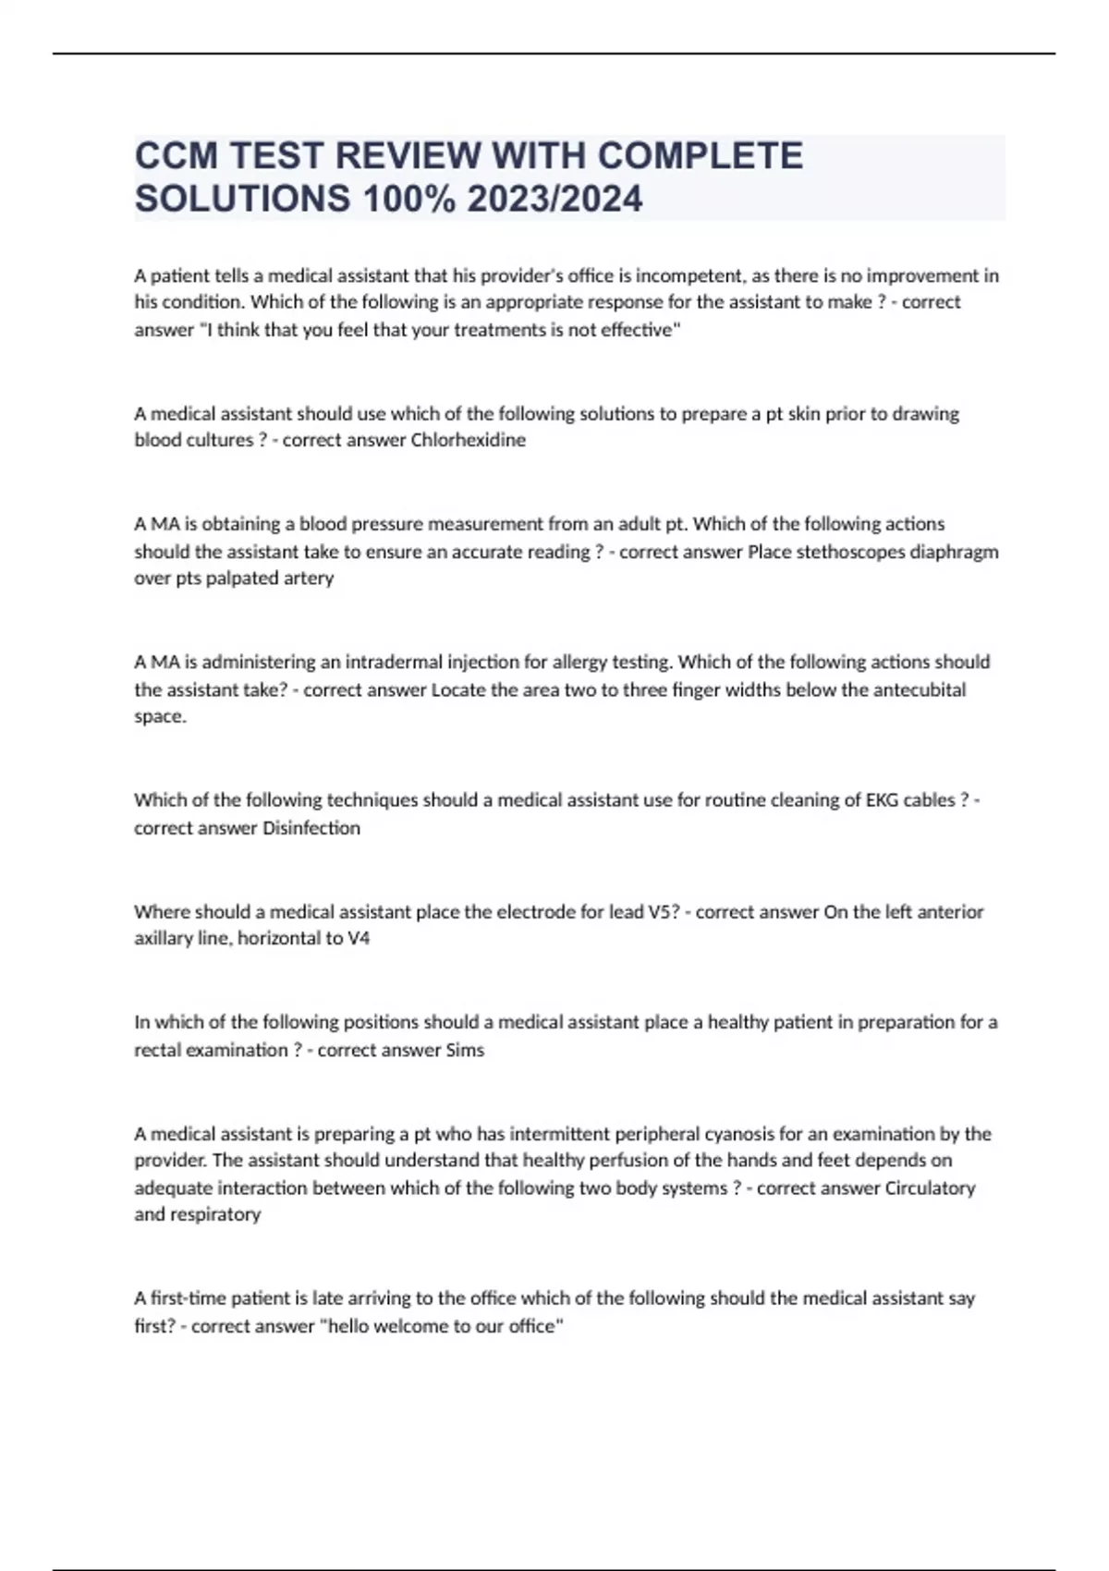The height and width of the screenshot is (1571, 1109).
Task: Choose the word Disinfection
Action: point(311,828)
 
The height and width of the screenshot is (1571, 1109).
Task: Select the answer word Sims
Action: point(465,1051)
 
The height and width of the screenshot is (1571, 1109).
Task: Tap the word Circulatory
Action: point(930,1188)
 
